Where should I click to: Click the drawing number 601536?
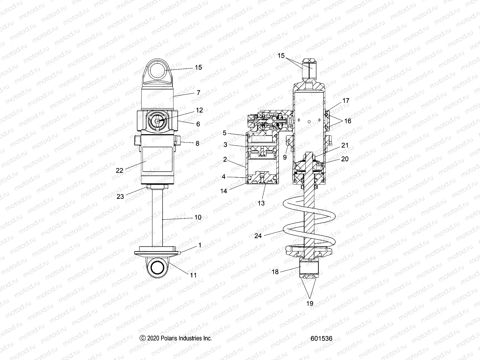321,338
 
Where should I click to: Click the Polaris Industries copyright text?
176,338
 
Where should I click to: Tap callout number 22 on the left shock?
120,170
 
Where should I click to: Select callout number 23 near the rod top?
120,197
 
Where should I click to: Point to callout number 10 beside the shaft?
198,217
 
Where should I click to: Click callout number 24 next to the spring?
258,236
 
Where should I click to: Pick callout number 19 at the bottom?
310,303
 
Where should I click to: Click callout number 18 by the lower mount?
275,272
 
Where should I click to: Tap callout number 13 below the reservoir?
261,203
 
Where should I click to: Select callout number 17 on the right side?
346,101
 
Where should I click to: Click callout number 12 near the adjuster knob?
199,110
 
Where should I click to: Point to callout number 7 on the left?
198,93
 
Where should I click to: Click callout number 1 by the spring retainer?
200,245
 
